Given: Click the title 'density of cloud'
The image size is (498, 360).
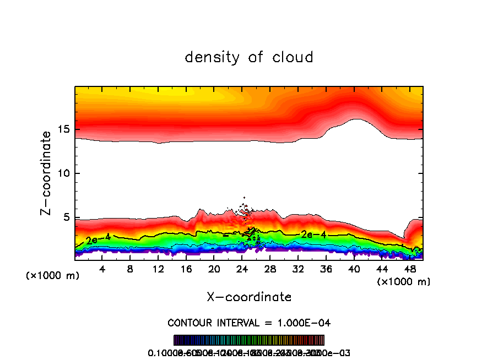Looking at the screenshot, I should click(249, 57).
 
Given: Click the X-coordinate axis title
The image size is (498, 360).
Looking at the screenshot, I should click(249, 297).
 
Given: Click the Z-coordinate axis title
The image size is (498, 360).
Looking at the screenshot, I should click(46, 173).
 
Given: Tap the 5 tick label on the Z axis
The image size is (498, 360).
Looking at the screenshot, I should click(64, 217).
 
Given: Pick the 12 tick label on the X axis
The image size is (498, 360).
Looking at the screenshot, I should click(158, 269).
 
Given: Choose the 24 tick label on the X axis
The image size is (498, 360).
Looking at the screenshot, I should click(242, 269).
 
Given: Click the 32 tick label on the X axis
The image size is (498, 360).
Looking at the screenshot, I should click(298, 269).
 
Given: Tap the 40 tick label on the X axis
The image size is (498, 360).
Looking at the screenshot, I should click(354, 269).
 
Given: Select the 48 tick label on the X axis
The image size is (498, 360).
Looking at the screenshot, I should click(409, 269).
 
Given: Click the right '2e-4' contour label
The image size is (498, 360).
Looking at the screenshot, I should click(313, 234).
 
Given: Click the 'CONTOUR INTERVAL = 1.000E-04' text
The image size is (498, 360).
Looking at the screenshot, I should click(249, 323).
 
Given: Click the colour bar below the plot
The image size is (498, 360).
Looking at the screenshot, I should click(249, 340).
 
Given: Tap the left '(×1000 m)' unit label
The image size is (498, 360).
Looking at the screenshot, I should click(53, 276).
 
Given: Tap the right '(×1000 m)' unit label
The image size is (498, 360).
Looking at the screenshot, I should click(404, 282).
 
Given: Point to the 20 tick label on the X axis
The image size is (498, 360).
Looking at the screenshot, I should click(214, 269).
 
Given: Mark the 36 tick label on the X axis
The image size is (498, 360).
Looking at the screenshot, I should click(326, 269).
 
